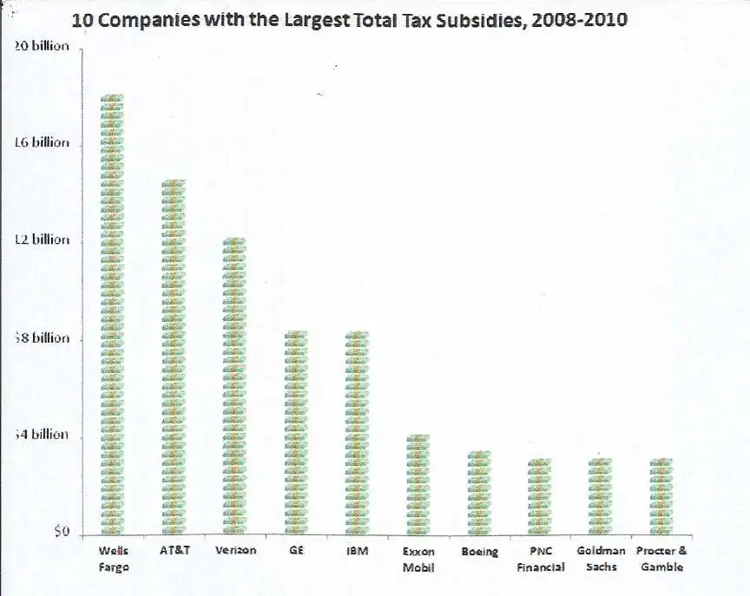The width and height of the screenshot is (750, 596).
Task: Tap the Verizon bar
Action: click(235, 387)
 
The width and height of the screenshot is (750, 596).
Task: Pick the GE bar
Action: click(296, 433)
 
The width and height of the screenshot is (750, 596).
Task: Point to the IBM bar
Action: click(357, 433)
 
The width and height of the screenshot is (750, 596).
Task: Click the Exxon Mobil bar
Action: click(418, 484)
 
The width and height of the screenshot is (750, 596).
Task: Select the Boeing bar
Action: click(479, 493)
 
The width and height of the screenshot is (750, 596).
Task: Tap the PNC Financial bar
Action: click(540, 496)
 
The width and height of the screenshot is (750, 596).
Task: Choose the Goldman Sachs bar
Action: click(601, 496)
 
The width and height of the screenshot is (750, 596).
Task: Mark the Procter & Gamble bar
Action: click(661, 496)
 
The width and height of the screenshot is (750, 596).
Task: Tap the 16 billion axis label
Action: click(42, 142)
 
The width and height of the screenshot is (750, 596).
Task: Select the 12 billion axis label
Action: click(42, 239)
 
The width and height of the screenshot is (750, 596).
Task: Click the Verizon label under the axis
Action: click(235, 551)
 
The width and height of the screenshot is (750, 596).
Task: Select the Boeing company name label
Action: click(479, 552)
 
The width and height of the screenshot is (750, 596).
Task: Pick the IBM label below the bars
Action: click(357, 551)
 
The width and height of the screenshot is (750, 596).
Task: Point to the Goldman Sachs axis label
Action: click(601, 559)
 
